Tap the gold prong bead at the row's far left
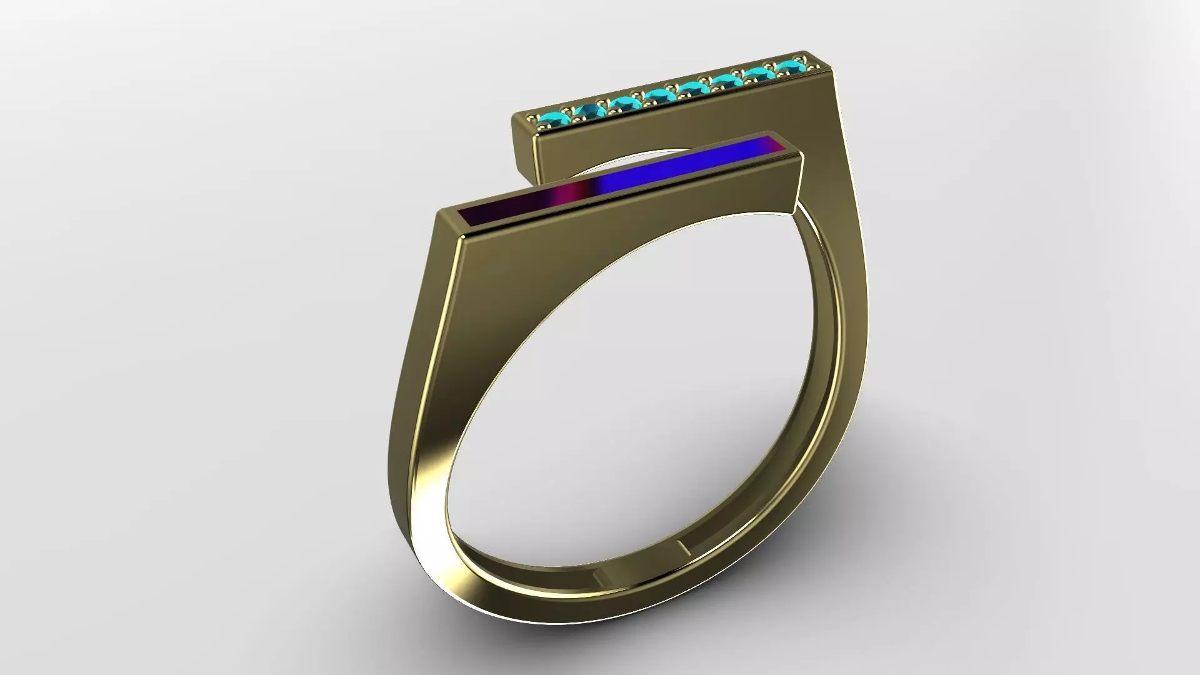point(532,118)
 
